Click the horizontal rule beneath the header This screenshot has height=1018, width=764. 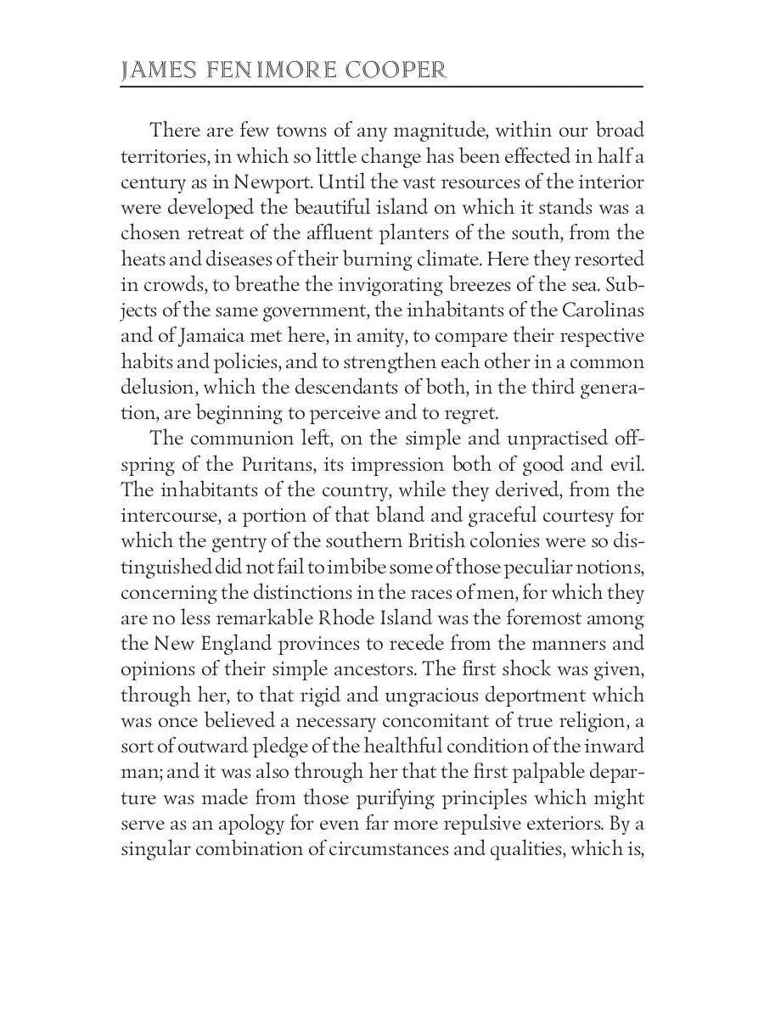click(x=382, y=87)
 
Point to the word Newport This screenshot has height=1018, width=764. click(x=269, y=182)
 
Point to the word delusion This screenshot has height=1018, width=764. click(x=157, y=389)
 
